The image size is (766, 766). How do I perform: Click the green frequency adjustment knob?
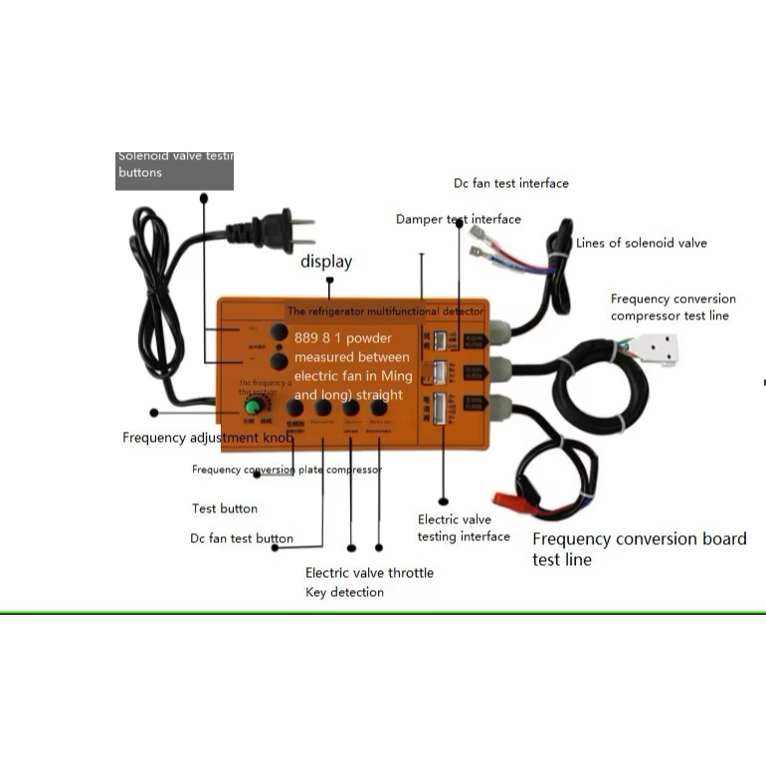click(255, 407)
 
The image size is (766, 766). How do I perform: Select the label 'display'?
click(326, 262)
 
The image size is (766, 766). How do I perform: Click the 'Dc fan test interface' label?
click(511, 183)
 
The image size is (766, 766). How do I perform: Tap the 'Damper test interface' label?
click(458, 219)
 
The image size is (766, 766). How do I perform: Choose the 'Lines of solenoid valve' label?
click(642, 243)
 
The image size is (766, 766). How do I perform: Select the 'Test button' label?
click(225, 508)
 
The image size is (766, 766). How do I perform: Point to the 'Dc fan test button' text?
click(242, 538)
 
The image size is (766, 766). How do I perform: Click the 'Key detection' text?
click(344, 592)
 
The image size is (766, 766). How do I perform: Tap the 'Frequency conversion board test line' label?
click(639, 549)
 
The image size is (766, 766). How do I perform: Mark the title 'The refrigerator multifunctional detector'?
click(385, 311)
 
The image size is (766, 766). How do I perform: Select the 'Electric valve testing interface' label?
click(464, 528)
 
